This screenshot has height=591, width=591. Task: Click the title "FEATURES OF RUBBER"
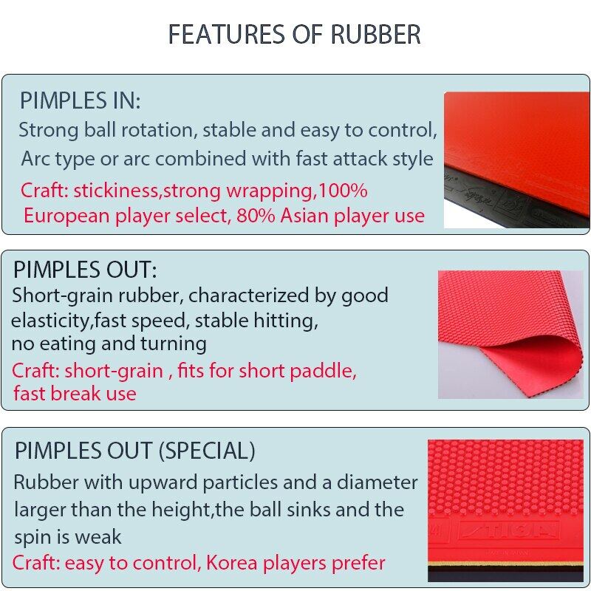[295, 35]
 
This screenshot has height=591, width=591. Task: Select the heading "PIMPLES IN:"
[80, 100]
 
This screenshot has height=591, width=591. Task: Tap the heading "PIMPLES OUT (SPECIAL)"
[135, 450]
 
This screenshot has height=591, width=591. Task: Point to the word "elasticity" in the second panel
[44, 321]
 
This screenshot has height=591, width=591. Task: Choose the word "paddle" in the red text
[326, 370]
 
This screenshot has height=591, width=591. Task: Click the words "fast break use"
[75, 393]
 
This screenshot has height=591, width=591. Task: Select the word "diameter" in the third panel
[378, 483]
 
